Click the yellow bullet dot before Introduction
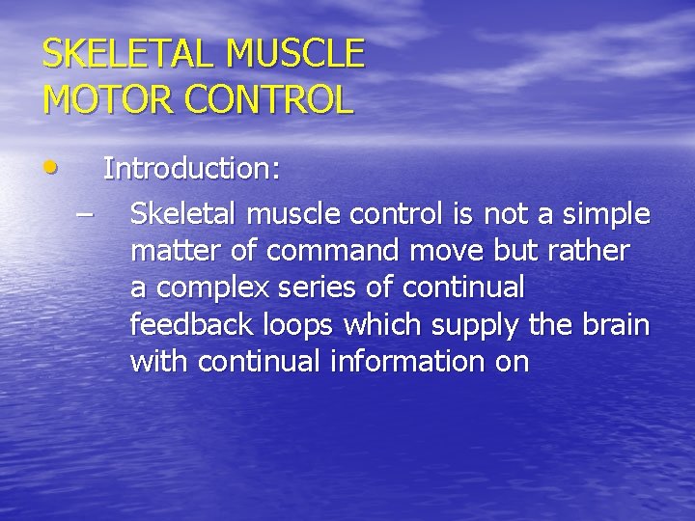point(49,168)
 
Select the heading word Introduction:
point(192,170)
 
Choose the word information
point(396,362)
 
